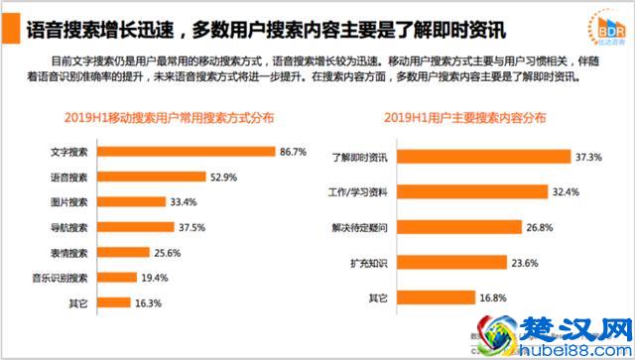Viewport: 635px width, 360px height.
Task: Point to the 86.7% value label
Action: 293,153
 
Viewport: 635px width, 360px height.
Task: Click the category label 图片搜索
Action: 67,202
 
